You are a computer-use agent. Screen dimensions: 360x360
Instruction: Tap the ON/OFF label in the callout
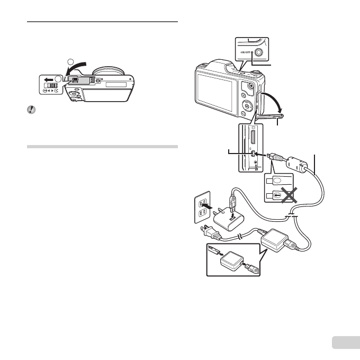tap(246, 52)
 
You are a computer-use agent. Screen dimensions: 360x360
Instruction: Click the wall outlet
tap(201, 205)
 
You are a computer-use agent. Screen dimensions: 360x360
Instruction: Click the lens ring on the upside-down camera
tap(109, 70)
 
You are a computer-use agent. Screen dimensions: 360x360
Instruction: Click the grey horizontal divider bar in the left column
tap(102, 147)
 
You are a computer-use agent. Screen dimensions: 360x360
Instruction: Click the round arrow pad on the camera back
tap(247, 104)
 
